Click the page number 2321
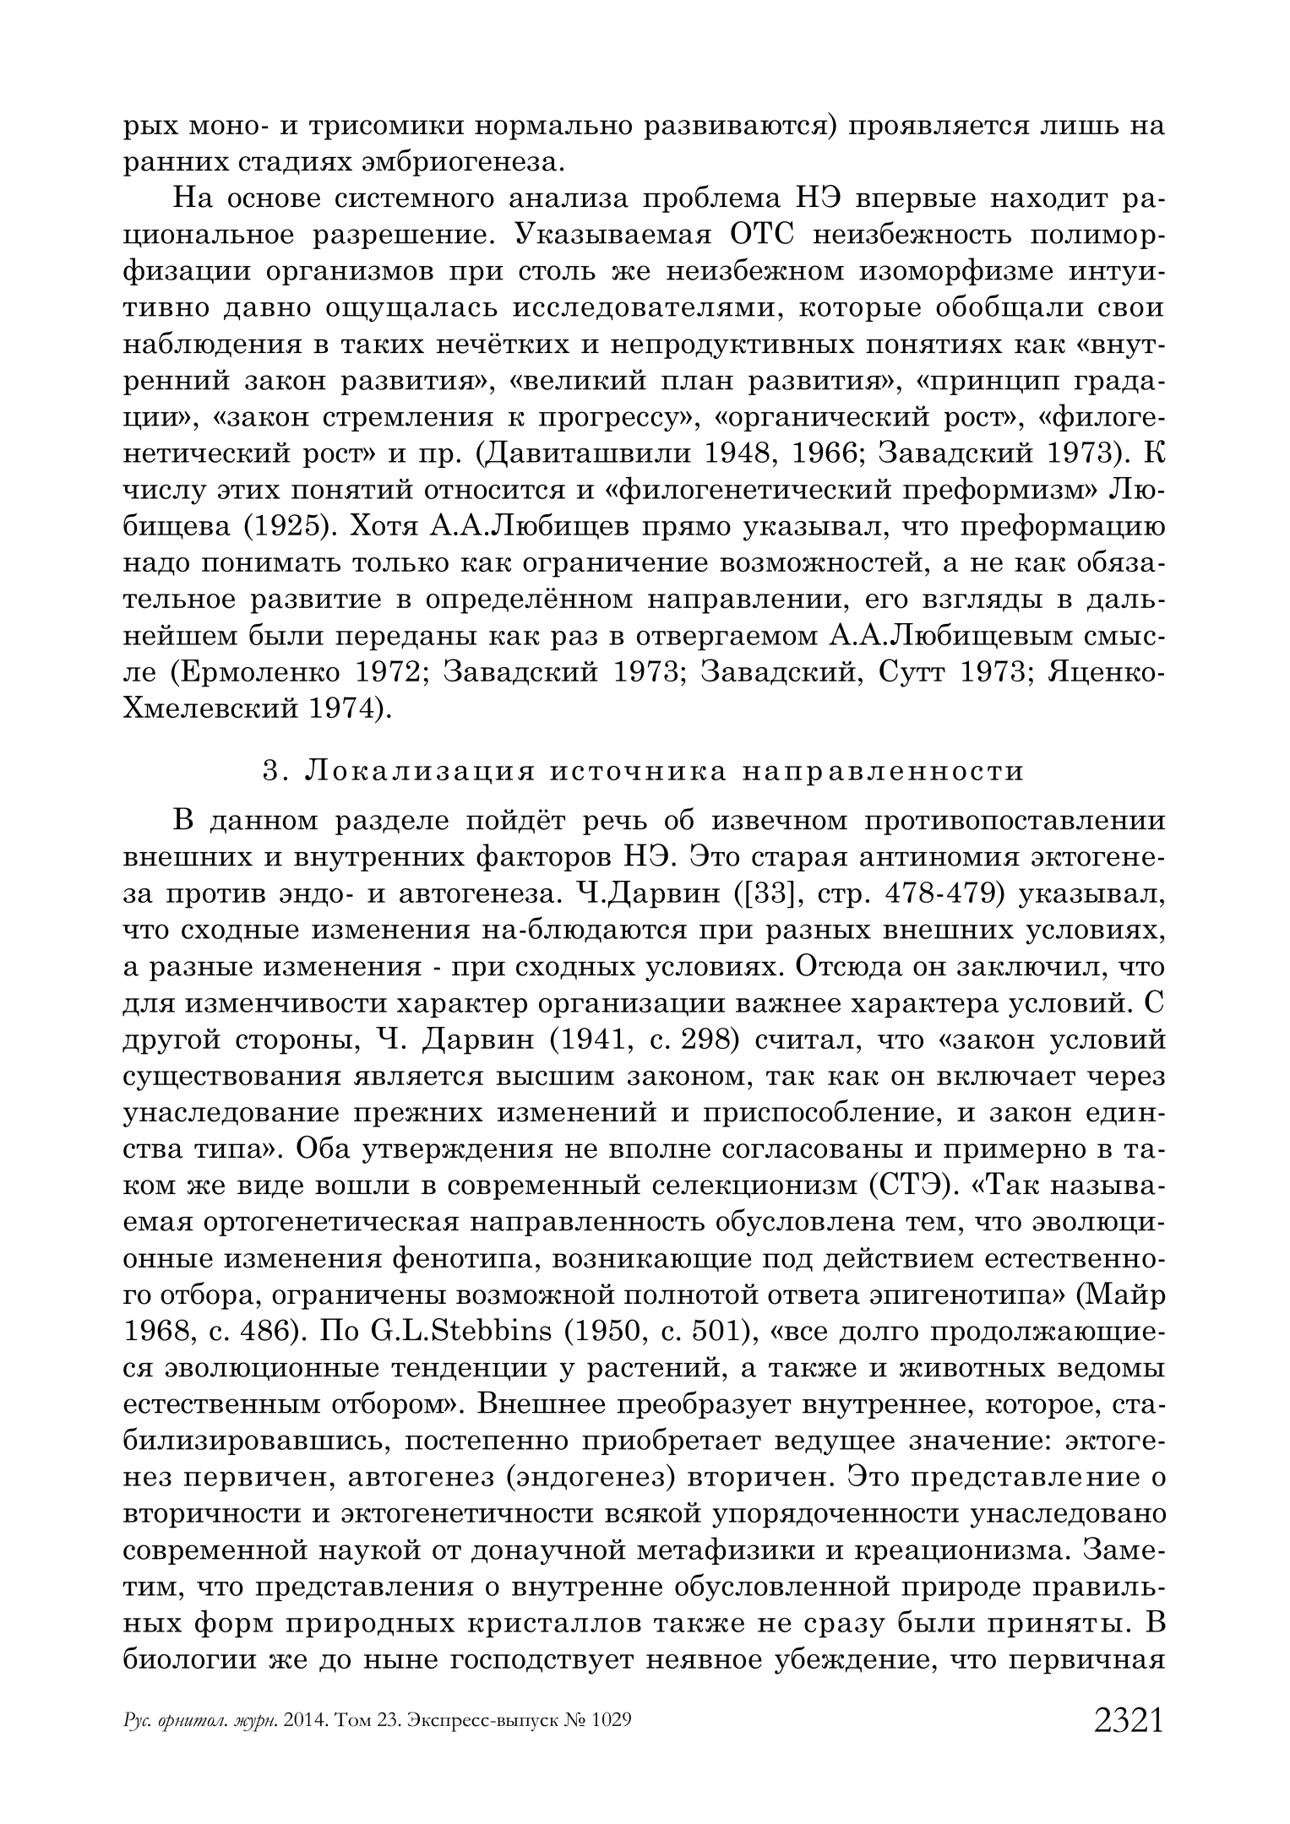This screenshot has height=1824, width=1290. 1129,1720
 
